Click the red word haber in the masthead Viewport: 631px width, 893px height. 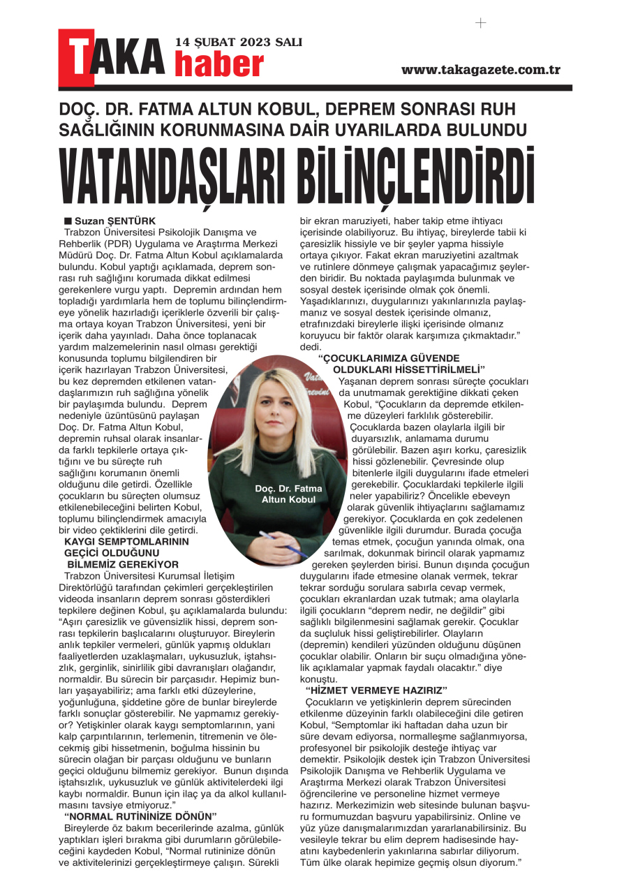click(218, 65)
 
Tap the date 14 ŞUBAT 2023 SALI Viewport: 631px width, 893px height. click(239, 42)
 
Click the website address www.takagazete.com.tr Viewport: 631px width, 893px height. click(481, 70)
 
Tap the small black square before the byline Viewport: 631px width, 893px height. click(68, 221)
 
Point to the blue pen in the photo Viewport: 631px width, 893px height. click(286, 547)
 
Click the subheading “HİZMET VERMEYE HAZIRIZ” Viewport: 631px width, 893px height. click(376, 691)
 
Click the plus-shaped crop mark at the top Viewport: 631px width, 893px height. click(480, 22)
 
